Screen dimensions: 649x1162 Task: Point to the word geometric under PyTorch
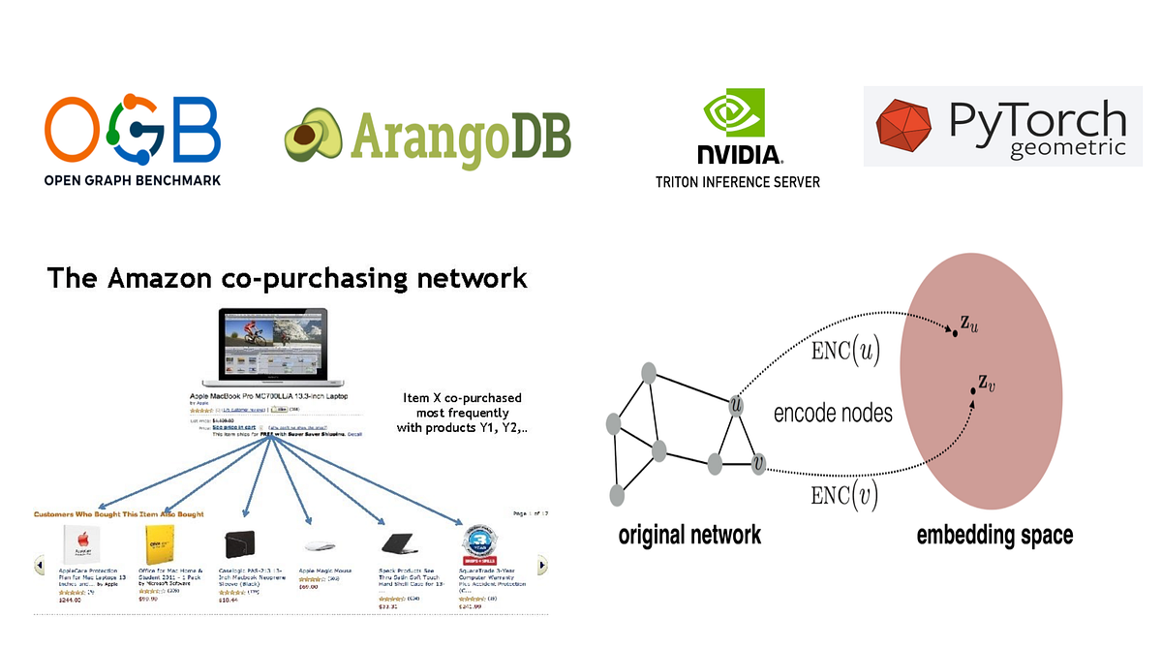pos(1066,148)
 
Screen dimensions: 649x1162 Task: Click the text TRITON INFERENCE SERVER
pos(738,182)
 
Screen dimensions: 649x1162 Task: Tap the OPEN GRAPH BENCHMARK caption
pos(133,180)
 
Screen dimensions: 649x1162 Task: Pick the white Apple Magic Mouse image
pos(321,545)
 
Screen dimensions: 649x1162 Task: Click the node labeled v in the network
pos(758,465)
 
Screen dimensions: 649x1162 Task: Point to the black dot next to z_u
pos(955,333)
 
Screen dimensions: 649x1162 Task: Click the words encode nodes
pos(833,414)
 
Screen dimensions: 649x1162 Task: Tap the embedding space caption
pos(994,535)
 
